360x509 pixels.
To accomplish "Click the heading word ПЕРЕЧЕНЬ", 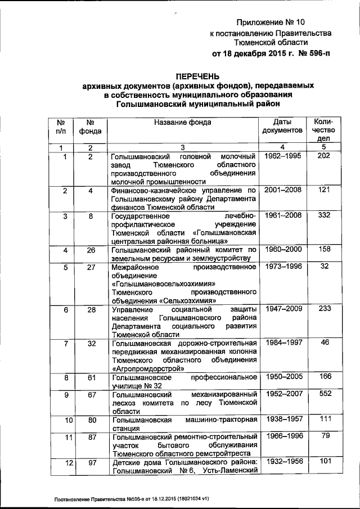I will (196, 76).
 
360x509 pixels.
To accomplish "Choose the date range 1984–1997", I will (282, 344).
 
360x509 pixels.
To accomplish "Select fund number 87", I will (91, 438).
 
